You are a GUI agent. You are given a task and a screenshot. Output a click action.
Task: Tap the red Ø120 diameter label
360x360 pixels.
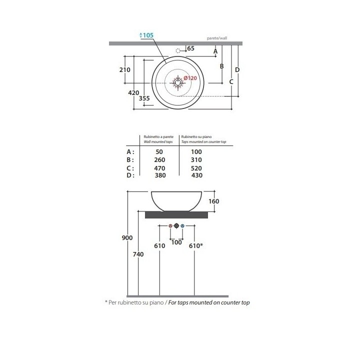point(190,78)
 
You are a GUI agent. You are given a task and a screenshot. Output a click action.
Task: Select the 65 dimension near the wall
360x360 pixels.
point(191,48)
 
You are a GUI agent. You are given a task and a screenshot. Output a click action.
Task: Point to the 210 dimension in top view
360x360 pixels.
point(124,70)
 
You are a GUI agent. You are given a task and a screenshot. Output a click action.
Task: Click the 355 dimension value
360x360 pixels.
point(144,98)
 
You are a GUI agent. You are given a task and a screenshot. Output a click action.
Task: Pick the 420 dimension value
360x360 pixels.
point(133,93)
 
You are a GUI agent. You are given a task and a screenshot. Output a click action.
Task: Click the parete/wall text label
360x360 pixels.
point(217,38)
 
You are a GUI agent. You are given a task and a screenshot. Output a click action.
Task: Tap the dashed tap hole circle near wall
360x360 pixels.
point(178,50)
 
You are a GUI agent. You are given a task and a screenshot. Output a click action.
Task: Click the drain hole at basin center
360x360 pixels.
point(177,82)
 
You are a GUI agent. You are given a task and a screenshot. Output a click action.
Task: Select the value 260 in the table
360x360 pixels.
point(159,160)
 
